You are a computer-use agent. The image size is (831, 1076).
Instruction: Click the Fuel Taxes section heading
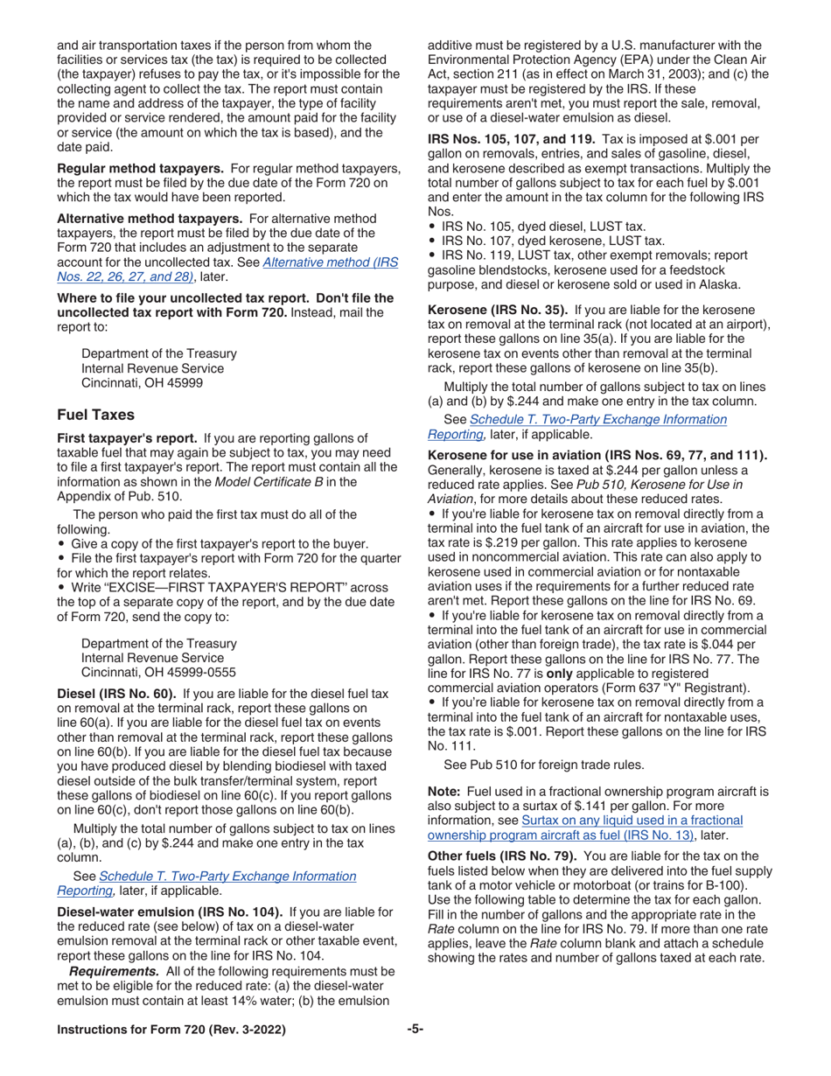coord(95,415)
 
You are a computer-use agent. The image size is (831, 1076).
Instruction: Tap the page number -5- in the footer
coord(415,1030)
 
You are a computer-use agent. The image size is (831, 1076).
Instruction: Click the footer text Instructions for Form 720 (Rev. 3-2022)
coord(171,1031)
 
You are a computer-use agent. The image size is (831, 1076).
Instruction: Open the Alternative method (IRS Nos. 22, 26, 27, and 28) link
coord(330,262)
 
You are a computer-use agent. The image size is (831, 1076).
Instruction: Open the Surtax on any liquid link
coord(632,820)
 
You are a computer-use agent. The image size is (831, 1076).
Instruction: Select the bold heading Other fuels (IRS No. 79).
coord(502,856)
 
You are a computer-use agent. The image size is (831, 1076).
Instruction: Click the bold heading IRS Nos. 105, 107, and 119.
coord(512,139)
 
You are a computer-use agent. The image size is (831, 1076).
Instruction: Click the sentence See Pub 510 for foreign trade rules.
coord(544,765)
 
